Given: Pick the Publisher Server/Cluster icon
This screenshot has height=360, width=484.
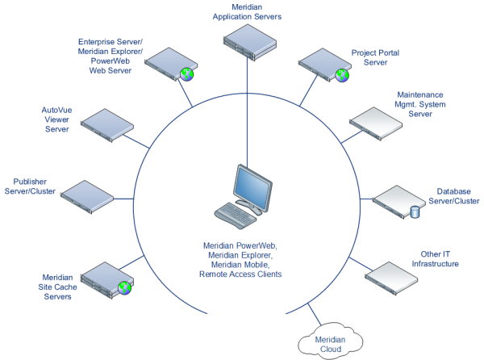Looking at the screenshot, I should coord(89,193).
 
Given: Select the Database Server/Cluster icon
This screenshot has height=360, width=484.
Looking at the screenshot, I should coord(397,202).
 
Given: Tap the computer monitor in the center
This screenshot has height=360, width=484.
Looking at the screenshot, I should coord(251,186).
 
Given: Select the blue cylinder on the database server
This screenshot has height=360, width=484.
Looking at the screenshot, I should coord(415,212).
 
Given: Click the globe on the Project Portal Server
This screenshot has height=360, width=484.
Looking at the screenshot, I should coord(342,75).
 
